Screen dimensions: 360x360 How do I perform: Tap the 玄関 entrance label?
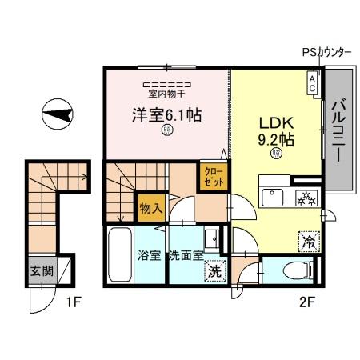click(42, 270)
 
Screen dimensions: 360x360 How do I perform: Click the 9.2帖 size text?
click(277, 139)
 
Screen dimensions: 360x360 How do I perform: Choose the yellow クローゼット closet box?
click(212, 176)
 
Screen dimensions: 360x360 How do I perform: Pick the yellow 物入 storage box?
click(150, 207)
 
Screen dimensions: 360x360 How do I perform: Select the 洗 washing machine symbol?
click(214, 270)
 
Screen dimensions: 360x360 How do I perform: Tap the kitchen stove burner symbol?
click(305, 197)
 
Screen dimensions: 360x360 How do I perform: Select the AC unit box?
click(312, 82)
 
